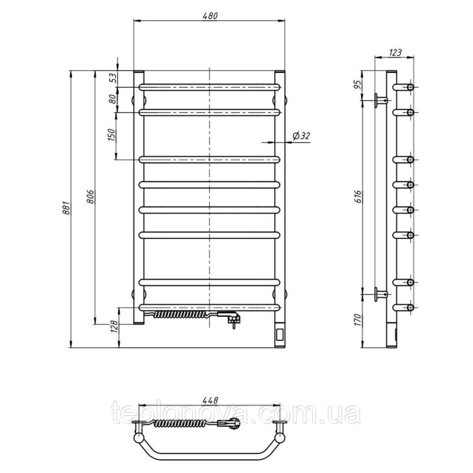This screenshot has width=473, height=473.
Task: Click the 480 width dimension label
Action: coord(210,16)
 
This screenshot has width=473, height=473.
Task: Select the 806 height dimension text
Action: coord(92,196)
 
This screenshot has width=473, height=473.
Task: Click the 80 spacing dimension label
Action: coord(112,99)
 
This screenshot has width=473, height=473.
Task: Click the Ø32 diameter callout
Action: coord(301,136)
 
